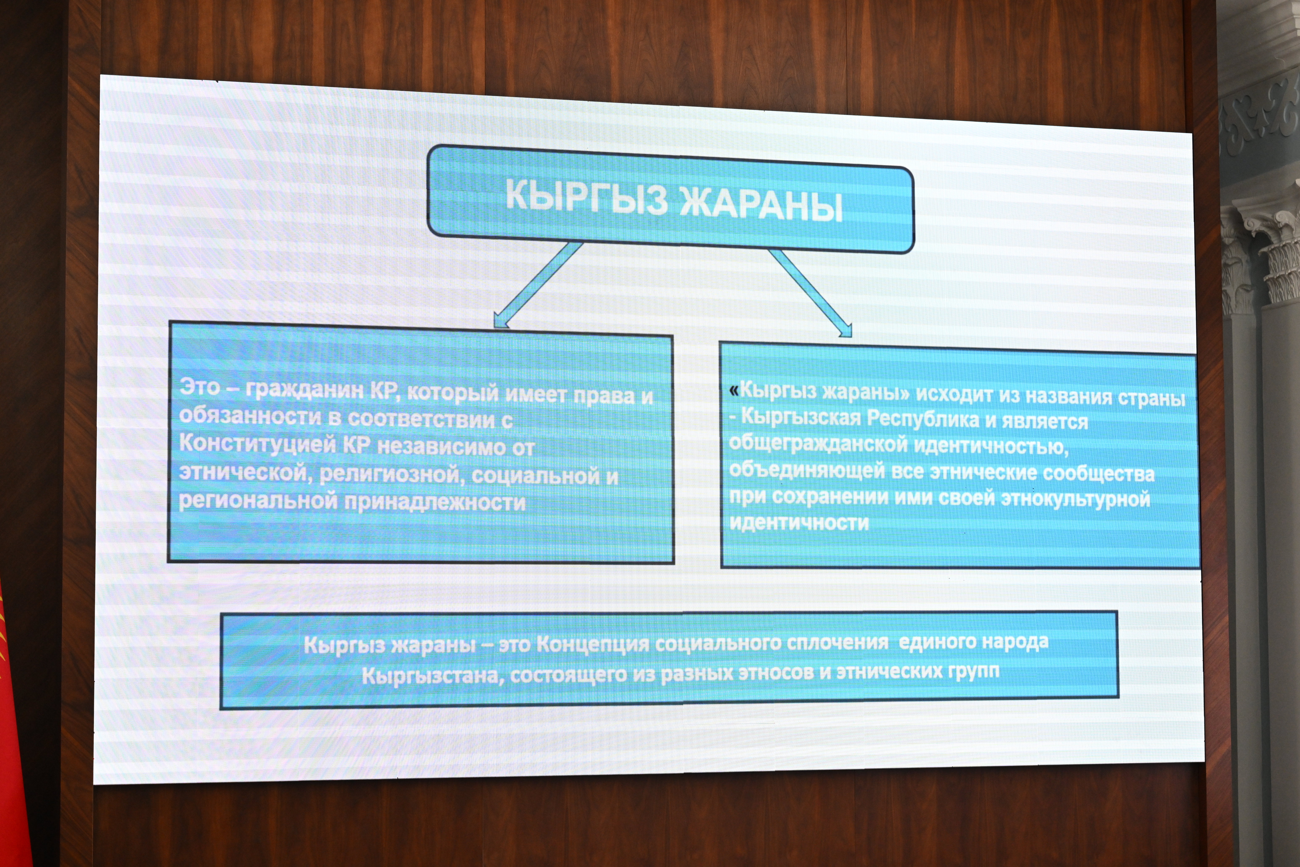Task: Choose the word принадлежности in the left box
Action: coord(435,503)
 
